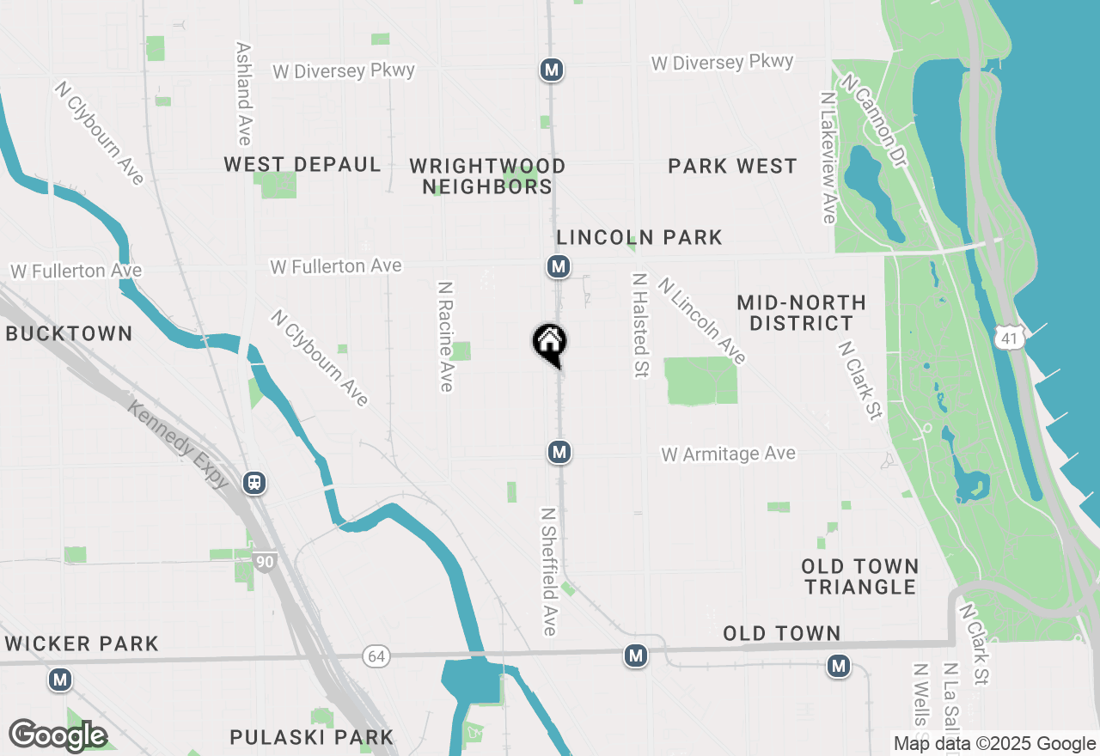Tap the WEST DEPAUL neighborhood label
pos(302,165)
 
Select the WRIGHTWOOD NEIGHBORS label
pos(487,176)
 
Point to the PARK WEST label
pos(733,167)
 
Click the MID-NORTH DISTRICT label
pos(801,313)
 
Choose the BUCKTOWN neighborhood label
pos(70,334)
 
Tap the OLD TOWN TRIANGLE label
pos(860,576)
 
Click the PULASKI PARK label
pos(312,737)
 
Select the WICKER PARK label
pos(82,643)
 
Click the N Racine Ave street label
pos(445,337)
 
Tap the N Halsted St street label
pos(640,326)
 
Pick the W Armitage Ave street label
pos(729,454)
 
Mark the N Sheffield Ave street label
pos(549,571)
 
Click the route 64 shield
pos(376,656)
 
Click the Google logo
pos(58,735)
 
